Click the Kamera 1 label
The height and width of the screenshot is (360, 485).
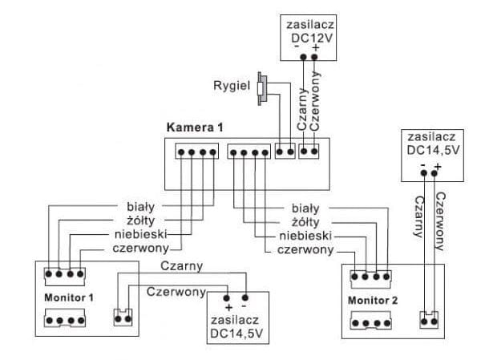pos(194,127)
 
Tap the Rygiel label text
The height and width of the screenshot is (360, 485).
pos(232,84)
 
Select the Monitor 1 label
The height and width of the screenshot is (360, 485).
pos(68,297)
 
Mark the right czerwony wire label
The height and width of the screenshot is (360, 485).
pos(305,250)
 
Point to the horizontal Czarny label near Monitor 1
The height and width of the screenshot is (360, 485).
pos(181,265)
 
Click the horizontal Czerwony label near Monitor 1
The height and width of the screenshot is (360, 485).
pos(176,292)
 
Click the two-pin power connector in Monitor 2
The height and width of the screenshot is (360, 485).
pos(430,318)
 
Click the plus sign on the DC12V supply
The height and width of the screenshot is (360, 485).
pos(317,48)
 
